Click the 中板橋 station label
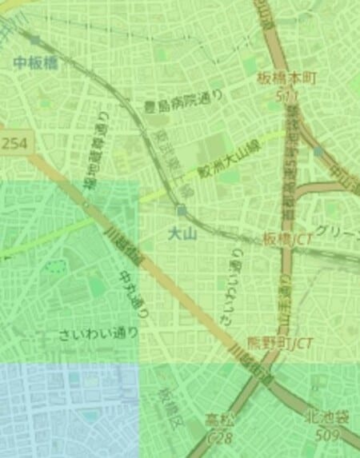pyautogui.click(x=36, y=63)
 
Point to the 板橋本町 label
pyautogui.click(x=288, y=78)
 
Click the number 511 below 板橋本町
pyautogui.click(x=288, y=94)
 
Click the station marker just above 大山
pyautogui.click(x=183, y=211)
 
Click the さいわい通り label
pyautogui.click(x=98, y=334)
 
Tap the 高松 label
pyautogui.click(x=220, y=420)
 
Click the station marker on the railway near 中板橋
pyautogui.click(x=35, y=38)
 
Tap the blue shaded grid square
pyautogui.click(x=68, y=409)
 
